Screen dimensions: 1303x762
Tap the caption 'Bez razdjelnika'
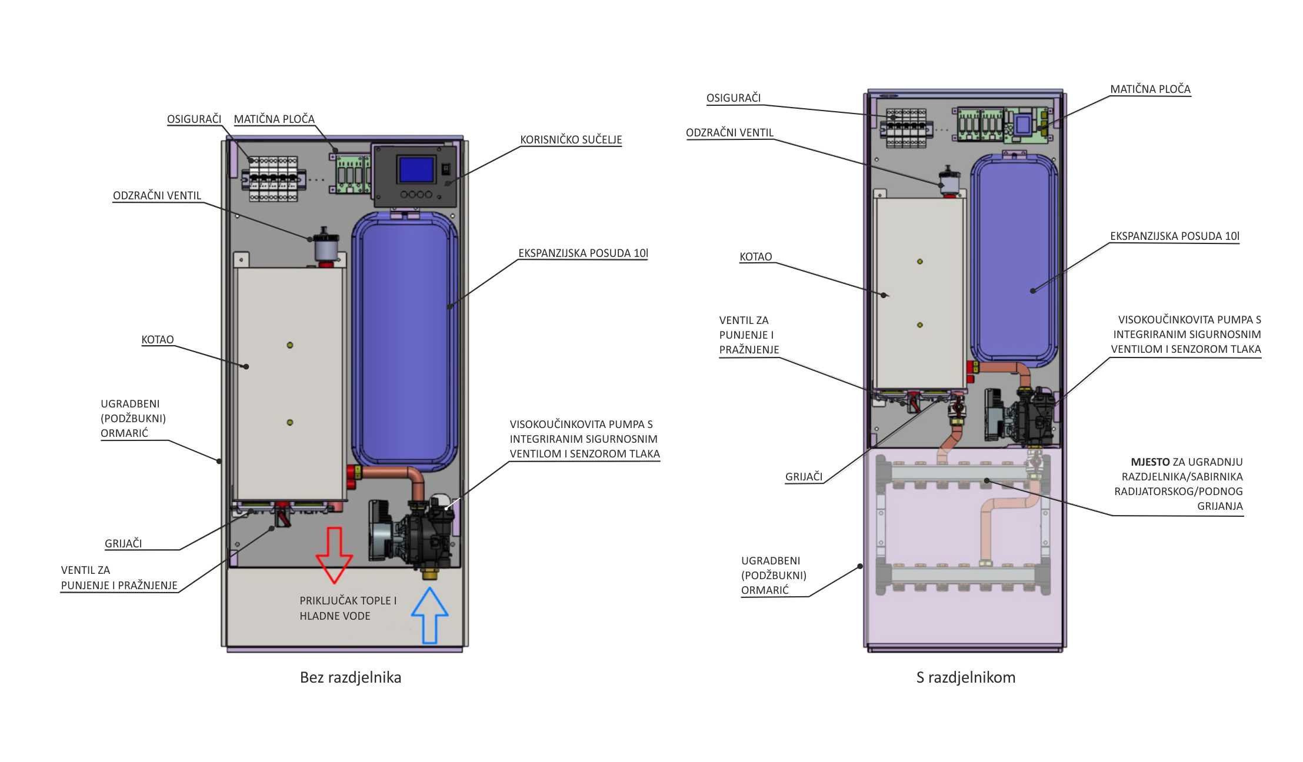click(351, 677)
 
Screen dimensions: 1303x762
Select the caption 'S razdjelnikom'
click(966, 677)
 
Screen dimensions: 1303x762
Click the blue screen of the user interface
click(416, 169)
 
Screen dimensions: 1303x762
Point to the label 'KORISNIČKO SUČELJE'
click(571, 140)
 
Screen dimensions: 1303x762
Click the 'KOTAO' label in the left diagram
click(158, 340)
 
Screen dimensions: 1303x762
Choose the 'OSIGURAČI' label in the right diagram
click(734, 98)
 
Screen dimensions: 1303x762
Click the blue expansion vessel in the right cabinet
click(1014, 259)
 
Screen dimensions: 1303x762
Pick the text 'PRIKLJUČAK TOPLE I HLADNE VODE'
click(348, 608)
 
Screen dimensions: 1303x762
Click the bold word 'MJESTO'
click(1150, 462)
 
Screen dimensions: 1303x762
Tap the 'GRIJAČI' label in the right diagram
click(804, 477)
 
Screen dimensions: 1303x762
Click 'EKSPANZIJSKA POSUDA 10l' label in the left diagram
click(583, 253)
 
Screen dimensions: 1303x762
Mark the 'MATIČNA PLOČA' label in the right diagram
click(1150, 89)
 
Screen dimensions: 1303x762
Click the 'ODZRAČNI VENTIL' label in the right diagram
click(729, 133)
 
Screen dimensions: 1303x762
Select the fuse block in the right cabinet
click(907, 123)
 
